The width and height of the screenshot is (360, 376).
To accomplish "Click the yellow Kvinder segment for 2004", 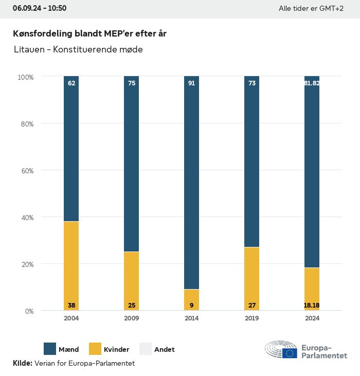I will pos(71,265).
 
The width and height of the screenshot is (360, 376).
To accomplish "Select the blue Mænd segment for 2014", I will pos(192,183).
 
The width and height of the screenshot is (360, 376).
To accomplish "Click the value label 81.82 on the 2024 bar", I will pos(312,83).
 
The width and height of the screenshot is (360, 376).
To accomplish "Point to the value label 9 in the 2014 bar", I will pos(192,306).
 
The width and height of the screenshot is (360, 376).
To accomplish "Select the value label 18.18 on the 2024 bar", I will pos(312,306).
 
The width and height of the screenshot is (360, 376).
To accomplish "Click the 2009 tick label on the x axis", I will pos(132,318).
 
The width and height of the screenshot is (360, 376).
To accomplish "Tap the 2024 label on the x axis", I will pos(312,318).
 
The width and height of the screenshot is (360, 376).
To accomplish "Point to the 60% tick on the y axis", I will pos(26,171).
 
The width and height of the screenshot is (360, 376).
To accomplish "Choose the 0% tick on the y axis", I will pos(29,311).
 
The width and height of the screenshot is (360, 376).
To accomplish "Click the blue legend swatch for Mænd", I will pos(50,349).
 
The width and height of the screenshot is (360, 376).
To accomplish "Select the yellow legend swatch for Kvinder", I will pos(96,349).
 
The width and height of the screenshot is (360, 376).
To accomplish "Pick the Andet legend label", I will pos(164,349).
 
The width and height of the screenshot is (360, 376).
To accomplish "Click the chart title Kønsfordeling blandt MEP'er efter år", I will pos(89,33).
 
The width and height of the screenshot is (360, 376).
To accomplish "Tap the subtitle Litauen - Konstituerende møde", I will pos(78,50).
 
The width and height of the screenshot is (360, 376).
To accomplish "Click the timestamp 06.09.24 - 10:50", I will pos(40,8).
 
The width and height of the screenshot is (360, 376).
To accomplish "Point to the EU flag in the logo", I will pos(290,353).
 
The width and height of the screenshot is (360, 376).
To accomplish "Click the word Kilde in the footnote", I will pos(22,363).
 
